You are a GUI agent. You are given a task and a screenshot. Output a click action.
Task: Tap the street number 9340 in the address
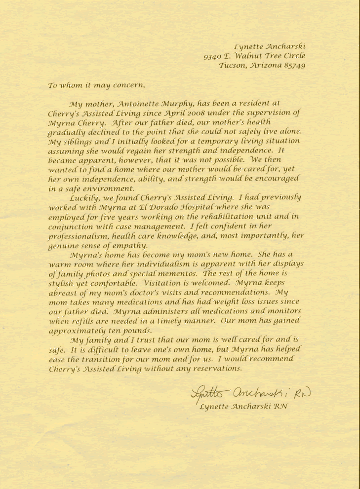[213, 56]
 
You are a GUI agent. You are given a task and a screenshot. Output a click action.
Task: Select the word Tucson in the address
[232, 65]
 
